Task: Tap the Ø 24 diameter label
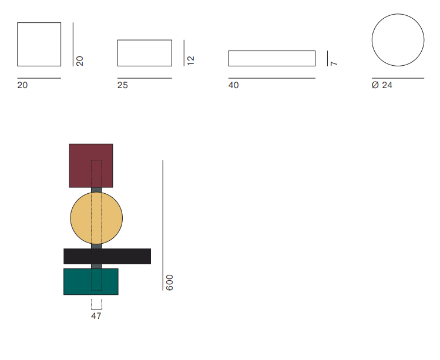tap(382, 85)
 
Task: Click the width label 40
tap(233, 85)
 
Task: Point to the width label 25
tap(122, 85)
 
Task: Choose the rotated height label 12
tap(190, 60)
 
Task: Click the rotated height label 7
tap(334, 63)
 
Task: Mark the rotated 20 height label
tap(80, 61)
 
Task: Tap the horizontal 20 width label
tap(22, 85)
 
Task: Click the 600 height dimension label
tap(170, 282)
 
